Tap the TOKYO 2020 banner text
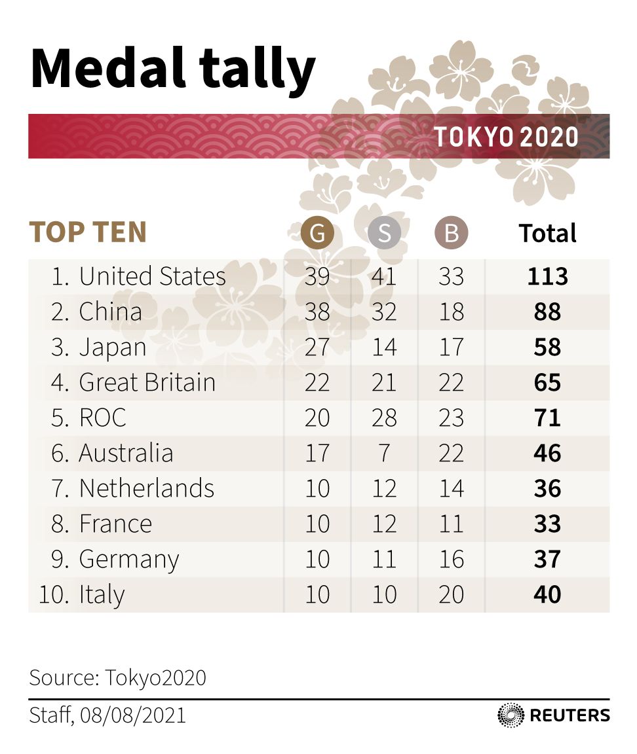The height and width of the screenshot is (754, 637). (506, 137)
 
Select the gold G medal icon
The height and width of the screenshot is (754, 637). (317, 234)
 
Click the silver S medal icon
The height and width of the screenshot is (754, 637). (384, 234)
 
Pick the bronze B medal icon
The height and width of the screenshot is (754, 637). (451, 234)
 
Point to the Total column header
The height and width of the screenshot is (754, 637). (547, 234)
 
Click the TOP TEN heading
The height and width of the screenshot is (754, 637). (88, 233)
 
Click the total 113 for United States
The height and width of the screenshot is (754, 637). (547, 277)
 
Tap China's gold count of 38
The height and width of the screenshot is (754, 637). (317, 312)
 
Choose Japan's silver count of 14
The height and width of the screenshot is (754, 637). (384, 348)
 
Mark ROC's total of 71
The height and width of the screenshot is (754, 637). (547, 418)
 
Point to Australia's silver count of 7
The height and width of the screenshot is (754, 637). (384, 454)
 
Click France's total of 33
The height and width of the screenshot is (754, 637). (547, 524)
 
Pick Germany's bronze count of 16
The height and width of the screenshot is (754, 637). (451, 560)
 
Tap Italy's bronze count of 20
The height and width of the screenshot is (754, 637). (451, 595)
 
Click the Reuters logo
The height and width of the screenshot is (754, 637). (554, 715)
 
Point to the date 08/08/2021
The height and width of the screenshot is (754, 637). (133, 715)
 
